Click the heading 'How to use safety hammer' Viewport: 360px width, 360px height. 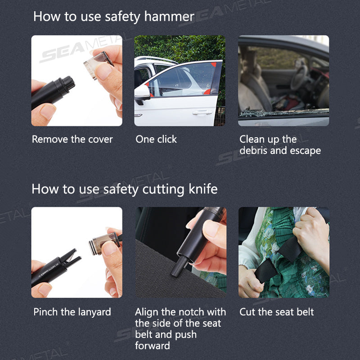click(x=113, y=17)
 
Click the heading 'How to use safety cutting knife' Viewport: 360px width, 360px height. click(x=124, y=189)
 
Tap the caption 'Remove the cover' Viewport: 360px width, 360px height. click(x=72, y=139)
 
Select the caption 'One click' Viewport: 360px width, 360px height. click(x=156, y=139)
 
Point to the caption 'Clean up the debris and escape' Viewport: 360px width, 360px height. click(x=280, y=145)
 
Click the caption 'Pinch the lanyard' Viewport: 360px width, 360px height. click(x=72, y=311)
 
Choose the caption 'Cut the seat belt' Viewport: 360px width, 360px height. click(x=276, y=311)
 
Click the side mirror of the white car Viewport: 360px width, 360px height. click(x=142, y=93)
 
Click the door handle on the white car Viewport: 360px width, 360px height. click(x=202, y=112)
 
